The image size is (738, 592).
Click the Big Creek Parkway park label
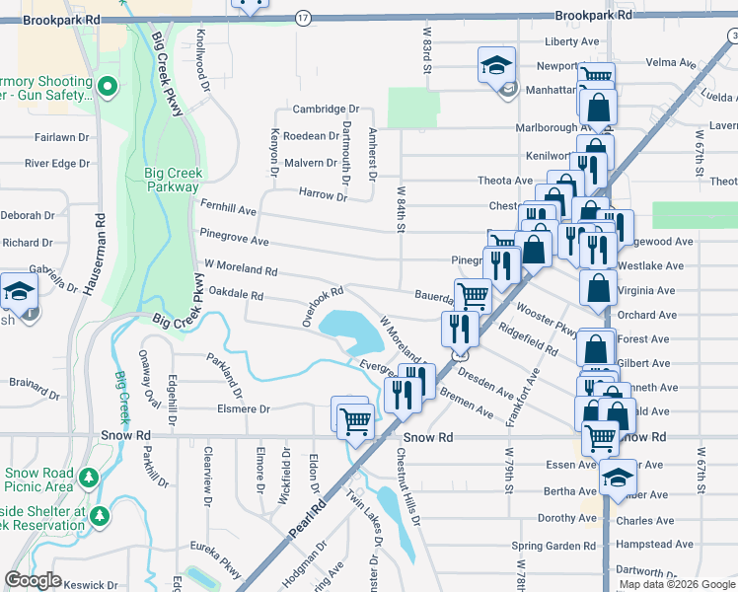tap(173, 183)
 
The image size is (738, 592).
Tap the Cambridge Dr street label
tap(325, 110)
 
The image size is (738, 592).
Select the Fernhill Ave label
tap(228, 210)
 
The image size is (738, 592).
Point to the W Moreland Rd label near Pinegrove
tap(236, 269)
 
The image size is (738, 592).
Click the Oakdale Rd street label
tap(236, 295)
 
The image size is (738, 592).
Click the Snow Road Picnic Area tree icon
tap(89, 479)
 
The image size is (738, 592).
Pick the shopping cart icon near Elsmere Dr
tap(354, 421)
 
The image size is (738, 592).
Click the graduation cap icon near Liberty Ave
tap(496, 65)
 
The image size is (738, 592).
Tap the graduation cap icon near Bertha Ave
tap(617, 478)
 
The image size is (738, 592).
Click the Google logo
tap(33, 580)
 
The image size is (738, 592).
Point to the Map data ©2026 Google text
tap(677, 584)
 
